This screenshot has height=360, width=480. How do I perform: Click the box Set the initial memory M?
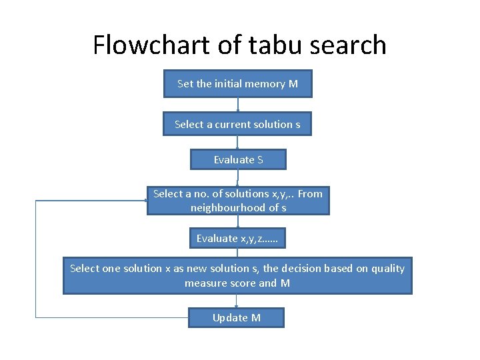click(237, 84)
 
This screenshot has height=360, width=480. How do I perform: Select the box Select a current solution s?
click(237, 124)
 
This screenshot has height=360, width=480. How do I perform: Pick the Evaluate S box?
click(238, 159)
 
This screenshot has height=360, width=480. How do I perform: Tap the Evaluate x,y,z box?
click(237, 238)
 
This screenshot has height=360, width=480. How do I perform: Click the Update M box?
click(236, 317)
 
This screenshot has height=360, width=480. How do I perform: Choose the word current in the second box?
click(234, 124)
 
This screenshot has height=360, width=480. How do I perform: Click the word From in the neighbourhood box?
click(309, 194)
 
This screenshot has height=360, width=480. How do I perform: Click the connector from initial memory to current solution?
click(238, 105)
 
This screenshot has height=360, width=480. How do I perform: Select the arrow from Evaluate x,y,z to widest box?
click(238, 253)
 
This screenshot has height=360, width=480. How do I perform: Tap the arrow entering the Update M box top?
click(237, 301)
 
